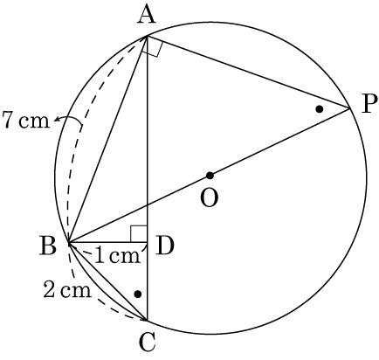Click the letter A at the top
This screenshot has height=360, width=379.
[x=147, y=16]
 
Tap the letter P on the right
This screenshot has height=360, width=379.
[x=369, y=104]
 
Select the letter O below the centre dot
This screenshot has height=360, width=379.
[x=210, y=198]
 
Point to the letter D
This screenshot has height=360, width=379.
[x=164, y=246]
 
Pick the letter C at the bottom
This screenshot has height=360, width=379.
[x=147, y=343]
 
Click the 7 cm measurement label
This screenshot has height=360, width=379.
[x=25, y=120]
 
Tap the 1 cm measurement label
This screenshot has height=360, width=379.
[x=118, y=256]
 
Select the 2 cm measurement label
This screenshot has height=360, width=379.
[x=67, y=290]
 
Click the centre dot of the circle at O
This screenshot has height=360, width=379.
[x=210, y=176]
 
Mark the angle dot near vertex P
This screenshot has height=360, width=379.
[x=320, y=109]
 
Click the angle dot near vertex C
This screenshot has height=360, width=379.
[x=138, y=294]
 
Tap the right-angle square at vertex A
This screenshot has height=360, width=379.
[x=151, y=46]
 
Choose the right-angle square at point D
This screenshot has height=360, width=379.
[x=139, y=234]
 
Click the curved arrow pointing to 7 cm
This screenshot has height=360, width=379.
[x=69, y=121]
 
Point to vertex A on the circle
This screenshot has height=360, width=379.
[x=148, y=36]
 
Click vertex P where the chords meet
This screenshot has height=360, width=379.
[x=349, y=108]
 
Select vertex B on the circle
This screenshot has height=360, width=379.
[x=68, y=242]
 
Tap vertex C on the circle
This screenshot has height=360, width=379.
[x=148, y=321]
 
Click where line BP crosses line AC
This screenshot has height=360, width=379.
[x=148, y=205]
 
